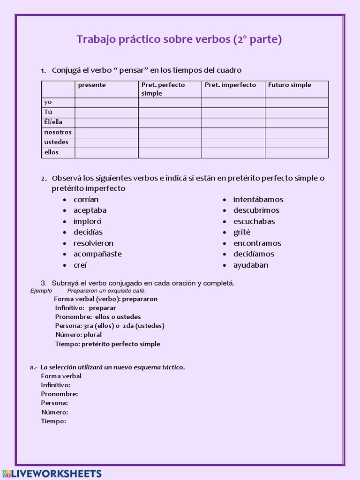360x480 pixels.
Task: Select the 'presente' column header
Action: [92, 85]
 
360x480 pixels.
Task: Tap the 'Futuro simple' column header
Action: [289, 85]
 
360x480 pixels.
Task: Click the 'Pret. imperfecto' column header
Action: [230, 85]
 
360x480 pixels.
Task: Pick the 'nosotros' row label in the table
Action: [58, 132]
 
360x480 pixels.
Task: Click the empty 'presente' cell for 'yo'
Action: [106, 102]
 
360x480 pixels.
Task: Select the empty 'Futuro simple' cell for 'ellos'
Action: [296, 153]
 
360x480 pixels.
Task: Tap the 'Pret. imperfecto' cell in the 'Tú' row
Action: [233, 112]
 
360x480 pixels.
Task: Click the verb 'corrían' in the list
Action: [86, 200]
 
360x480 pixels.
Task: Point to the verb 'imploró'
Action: [87, 221]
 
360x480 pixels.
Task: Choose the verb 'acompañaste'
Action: [97, 254]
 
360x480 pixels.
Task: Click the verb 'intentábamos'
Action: [258, 200]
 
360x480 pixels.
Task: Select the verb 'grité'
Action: [242, 232]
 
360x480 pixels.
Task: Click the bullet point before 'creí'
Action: [65, 265]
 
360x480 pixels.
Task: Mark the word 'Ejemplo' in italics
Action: [41, 291]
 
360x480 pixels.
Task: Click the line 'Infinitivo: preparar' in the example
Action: [85, 308]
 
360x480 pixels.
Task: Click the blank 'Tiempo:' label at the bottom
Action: [53, 421]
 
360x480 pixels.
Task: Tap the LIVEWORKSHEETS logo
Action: [52, 473]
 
